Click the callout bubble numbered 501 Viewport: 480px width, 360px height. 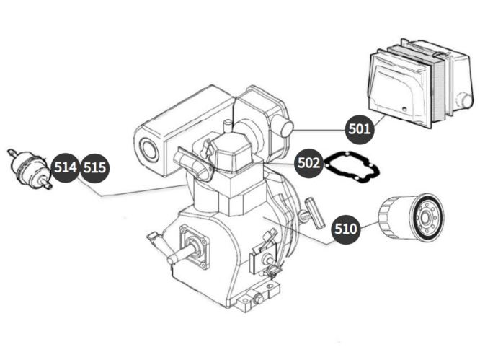point(360,129)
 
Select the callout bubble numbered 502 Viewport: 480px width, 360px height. point(308,163)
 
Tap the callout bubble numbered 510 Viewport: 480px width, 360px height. point(346,229)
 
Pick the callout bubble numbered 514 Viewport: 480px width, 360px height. point(66,167)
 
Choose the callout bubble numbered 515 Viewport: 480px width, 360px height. point(94,168)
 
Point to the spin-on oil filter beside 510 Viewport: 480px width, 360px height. point(411,217)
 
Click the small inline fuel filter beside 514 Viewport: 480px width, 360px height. point(30,168)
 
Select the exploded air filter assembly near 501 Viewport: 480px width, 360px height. point(422,84)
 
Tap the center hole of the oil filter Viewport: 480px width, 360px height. point(425,219)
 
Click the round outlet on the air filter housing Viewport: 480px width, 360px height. point(466,100)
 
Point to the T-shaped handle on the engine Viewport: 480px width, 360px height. point(313,213)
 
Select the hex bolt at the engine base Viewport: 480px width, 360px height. point(258,298)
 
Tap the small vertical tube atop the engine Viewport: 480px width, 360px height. point(228,126)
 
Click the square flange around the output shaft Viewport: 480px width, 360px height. point(194,246)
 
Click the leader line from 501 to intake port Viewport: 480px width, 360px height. point(319,130)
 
